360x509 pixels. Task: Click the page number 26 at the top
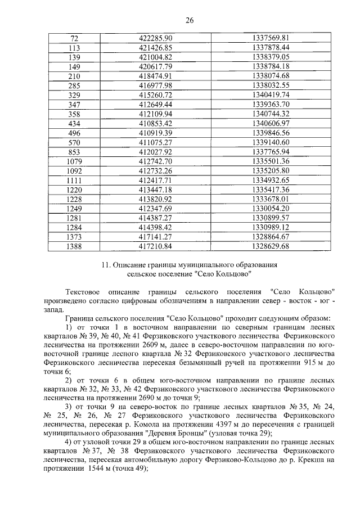(x=190, y=21)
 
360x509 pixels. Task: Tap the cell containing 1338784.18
(x=271, y=66)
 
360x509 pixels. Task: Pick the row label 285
(x=74, y=85)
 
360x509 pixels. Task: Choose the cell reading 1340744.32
(x=271, y=114)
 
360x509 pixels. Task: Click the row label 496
(x=74, y=133)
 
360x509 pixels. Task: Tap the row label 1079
(x=74, y=161)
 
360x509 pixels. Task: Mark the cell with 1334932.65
(x=271, y=180)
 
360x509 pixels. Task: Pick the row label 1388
(x=74, y=246)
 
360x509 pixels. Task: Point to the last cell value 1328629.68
(x=271, y=246)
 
